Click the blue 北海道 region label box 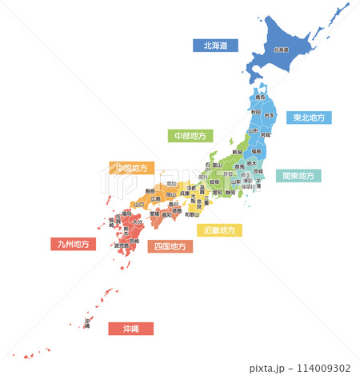coord(216,46)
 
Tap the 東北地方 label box coord(309,118)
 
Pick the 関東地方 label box coord(298,175)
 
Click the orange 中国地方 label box coord(131,168)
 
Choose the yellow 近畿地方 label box coord(219,230)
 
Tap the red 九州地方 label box coord(72,244)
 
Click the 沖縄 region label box coord(130,328)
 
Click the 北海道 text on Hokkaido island coord(281,50)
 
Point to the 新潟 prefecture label coord(237,151)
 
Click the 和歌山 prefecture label coord(191,214)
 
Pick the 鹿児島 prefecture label coord(121,245)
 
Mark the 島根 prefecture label coord(150,190)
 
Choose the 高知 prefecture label coord(166,215)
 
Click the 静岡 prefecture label coord(230,193)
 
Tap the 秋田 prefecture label coord(255,113)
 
